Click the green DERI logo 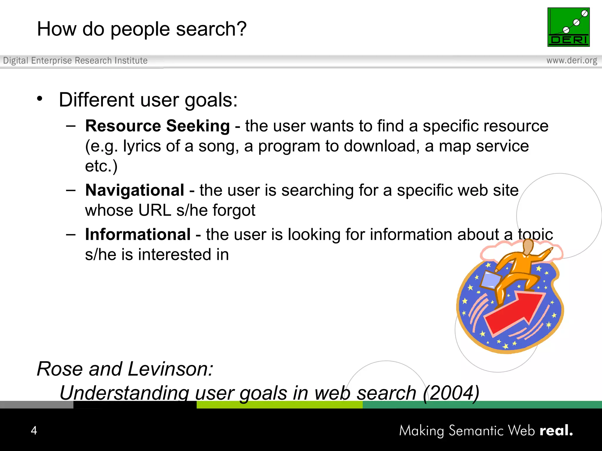coord(568,27)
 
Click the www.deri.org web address coord(571,60)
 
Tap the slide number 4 coord(34,430)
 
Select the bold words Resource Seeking coord(158,126)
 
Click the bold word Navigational coord(135,190)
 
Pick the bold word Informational coord(138,234)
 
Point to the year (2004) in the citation coord(451,393)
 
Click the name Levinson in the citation coord(170,369)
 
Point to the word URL coord(155,210)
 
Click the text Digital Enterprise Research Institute coord(75,60)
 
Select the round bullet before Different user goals coord(40,99)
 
